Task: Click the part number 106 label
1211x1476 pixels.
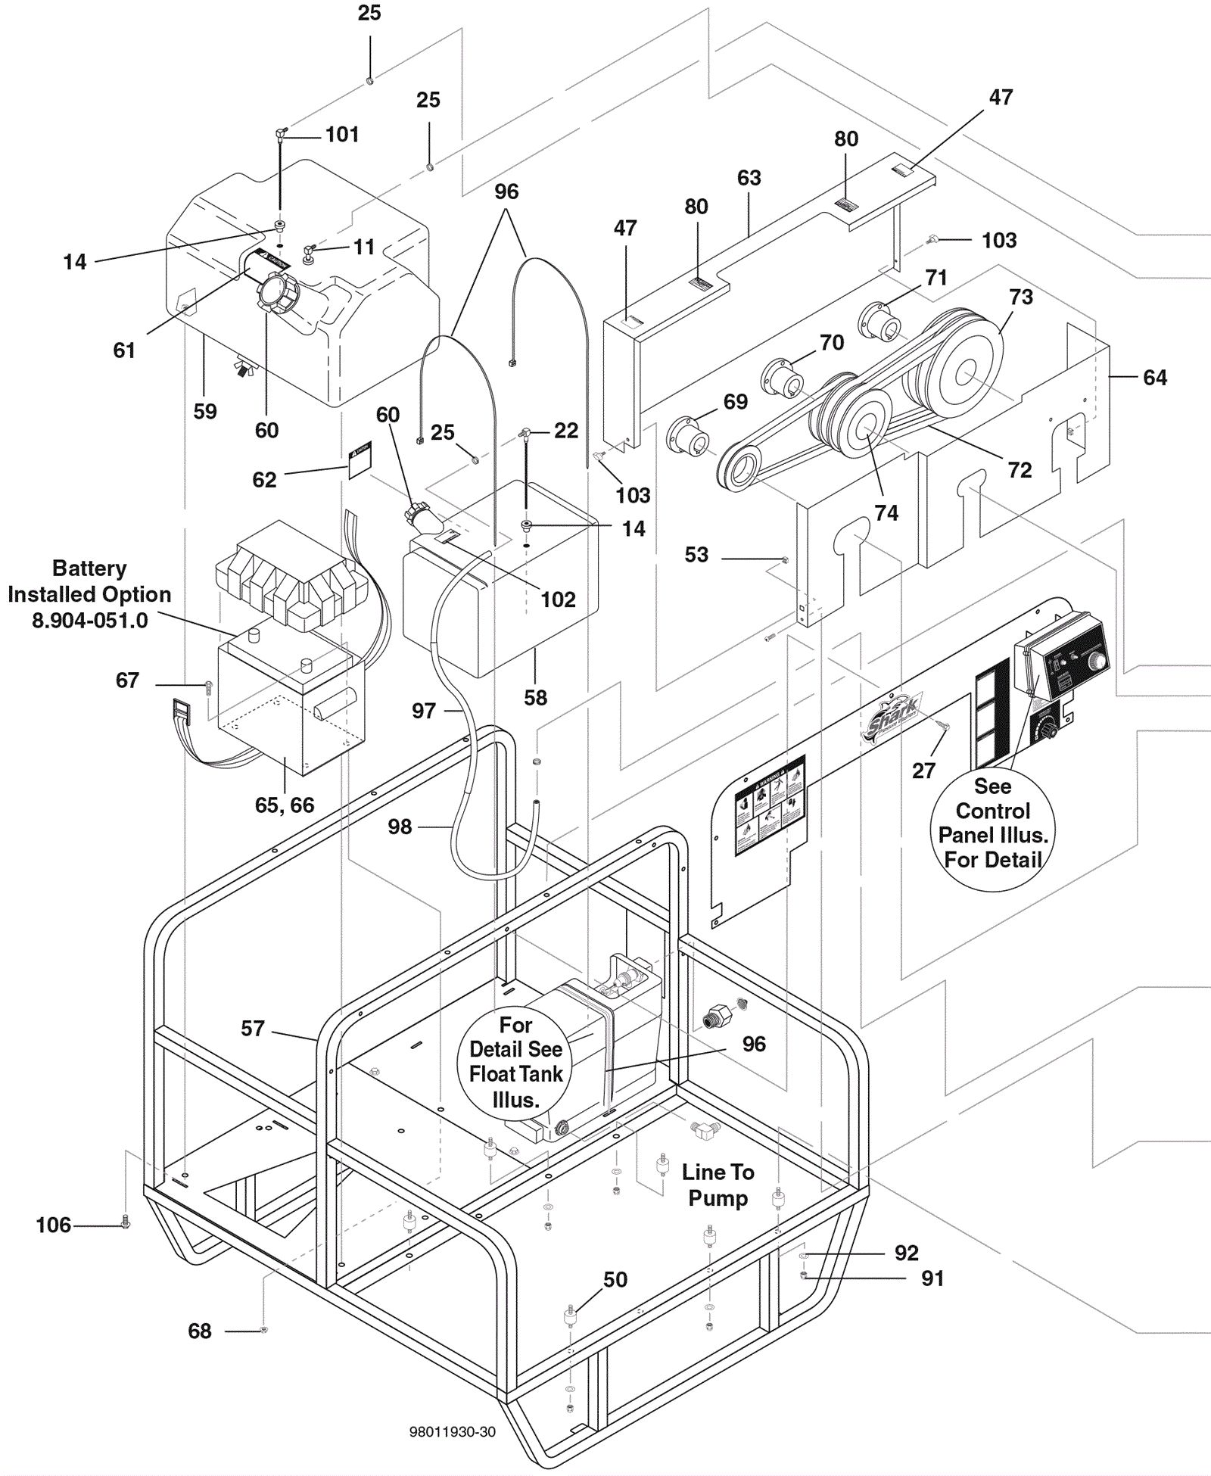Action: pyautogui.click(x=53, y=1225)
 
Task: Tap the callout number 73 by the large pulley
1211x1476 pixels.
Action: pyautogui.click(x=1020, y=297)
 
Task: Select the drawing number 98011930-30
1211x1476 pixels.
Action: pyautogui.click(x=452, y=1432)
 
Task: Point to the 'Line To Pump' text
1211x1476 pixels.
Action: pyautogui.click(x=718, y=1185)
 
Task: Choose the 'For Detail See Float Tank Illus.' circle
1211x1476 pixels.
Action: pyautogui.click(x=515, y=1062)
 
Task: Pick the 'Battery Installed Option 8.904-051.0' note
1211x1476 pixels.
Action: pyautogui.click(x=89, y=594)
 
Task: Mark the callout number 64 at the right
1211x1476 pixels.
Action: pyautogui.click(x=1154, y=377)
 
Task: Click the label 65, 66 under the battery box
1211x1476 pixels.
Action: pyautogui.click(x=284, y=805)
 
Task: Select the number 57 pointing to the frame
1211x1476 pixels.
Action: pyautogui.click(x=253, y=1028)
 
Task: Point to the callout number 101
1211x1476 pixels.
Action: pyautogui.click(x=342, y=135)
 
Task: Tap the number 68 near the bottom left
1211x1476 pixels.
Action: pyautogui.click(x=200, y=1331)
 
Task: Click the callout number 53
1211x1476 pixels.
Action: pyautogui.click(x=696, y=555)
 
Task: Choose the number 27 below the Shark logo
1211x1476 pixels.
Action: pyautogui.click(x=923, y=771)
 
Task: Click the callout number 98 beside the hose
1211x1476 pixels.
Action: pyautogui.click(x=400, y=827)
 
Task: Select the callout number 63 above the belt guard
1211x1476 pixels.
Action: pyautogui.click(x=749, y=178)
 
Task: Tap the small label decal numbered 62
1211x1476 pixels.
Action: pyautogui.click(x=360, y=460)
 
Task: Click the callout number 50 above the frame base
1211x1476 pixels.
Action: pyautogui.click(x=615, y=1279)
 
